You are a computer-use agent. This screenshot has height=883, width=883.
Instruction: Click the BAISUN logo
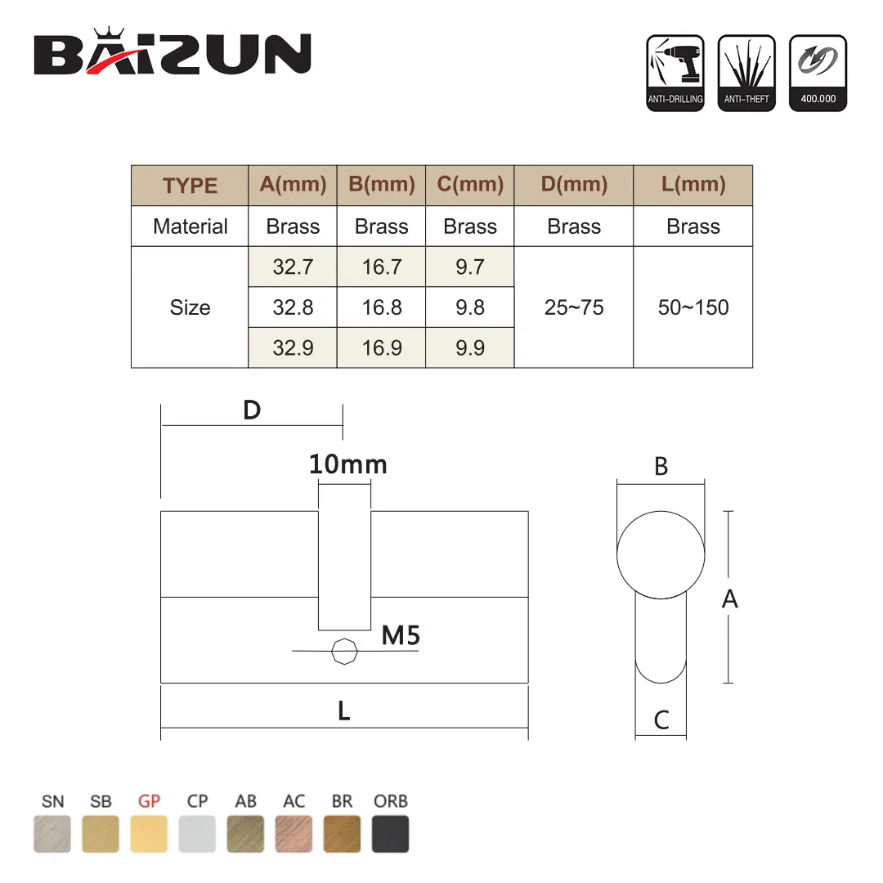pyautogui.click(x=173, y=53)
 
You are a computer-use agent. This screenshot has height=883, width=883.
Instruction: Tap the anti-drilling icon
pyautogui.click(x=675, y=73)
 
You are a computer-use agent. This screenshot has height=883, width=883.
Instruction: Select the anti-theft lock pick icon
pyautogui.click(x=746, y=73)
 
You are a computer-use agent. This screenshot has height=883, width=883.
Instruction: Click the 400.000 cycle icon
pyautogui.click(x=817, y=73)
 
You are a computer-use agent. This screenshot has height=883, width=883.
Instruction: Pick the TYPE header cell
pyautogui.click(x=190, y=186)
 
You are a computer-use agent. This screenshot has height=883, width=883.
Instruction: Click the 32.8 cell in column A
pyautogui.click(x=293, y=307)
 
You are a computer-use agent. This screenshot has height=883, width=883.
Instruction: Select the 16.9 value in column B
pyautogui.click(x=381, y=347)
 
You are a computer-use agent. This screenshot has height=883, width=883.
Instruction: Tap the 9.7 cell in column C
pyautogui.click(x=470, y=267)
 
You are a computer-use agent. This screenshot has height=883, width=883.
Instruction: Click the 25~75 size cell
pyautogui.click(x=573, y=307)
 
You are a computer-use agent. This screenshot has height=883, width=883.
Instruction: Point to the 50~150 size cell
pyautogui.click(x=693, y=307)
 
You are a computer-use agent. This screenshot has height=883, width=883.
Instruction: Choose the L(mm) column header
pyautogui.click(x=693, y=185)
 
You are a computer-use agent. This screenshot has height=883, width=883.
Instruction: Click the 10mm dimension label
pyautogui.click(x=347, y=464)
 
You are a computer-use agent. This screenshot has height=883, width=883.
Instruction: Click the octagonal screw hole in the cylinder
pyautogui.click(x=343, y=652)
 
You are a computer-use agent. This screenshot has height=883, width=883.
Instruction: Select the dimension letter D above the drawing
pyautogui.click(x=252, y=410)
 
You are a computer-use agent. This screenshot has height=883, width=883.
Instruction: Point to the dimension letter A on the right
pyautogui.click(x=729, y=599)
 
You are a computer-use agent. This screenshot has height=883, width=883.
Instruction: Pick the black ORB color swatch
pyautogui.click(x=390, y=834)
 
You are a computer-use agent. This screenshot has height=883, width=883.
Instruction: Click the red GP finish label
pyautogui.click(x=149, y=801)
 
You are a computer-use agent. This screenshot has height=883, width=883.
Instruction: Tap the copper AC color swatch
pyautogui.click(x=294, y=834)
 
